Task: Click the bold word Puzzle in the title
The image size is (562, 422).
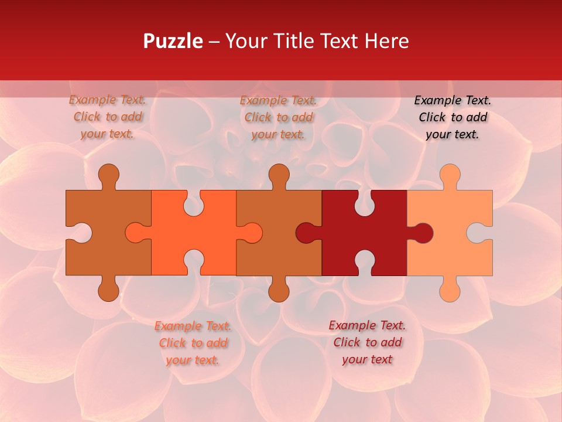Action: pyautogui.click(x=173, y=41)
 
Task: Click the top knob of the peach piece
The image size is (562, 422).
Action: pyautogui.click(x=450, y=175)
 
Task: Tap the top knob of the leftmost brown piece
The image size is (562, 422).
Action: pyautogui.click(x=108, y=175)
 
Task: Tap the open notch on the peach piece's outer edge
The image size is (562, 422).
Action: pyautogui.click(x=481, y=233)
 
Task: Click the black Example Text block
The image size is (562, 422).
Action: pyautogui.click(x=453, y=117)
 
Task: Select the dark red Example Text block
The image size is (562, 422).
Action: pyautogui.click(x=367, y=342)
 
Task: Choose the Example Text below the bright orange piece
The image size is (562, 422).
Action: pyautogui.click(x=193, y=343)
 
